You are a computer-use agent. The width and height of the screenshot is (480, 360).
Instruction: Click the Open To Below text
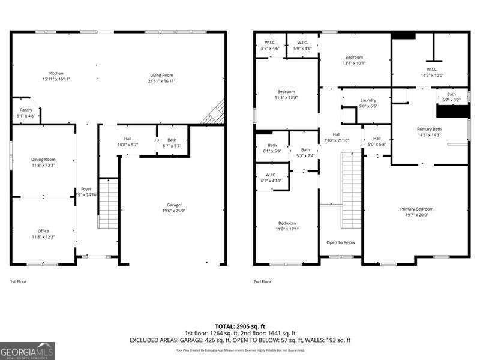[341, 242]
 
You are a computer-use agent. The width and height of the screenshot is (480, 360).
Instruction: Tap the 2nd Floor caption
[263, 281]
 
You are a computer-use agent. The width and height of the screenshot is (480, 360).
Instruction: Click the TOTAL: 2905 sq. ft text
[240, 327]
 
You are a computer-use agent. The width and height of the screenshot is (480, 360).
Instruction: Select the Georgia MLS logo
[27, 350]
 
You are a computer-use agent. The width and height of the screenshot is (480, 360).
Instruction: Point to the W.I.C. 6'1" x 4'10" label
[270, 178]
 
